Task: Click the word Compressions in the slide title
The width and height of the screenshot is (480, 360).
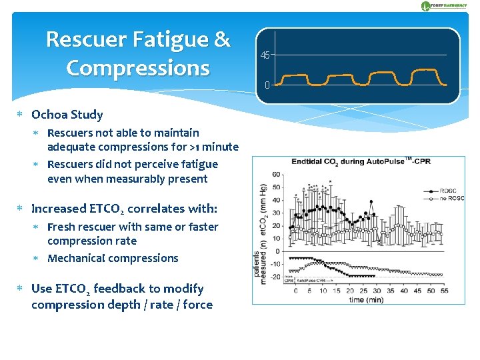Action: coord(138,68)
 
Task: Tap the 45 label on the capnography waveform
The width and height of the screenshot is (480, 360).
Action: coord(265,55)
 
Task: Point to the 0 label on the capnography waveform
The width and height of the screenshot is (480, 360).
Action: coord(267,85)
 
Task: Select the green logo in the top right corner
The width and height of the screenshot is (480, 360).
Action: coord(445,6)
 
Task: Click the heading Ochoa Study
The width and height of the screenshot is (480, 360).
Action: coord(67,115)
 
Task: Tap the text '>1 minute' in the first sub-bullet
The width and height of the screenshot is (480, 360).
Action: coord(214,147)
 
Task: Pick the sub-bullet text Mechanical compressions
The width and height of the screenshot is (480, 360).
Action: coord(113,258)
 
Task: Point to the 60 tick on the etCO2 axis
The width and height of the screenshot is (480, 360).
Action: coord(276,175)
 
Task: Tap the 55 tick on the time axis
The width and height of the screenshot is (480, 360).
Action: coord(444,291)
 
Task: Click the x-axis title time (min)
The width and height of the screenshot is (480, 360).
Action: coord(366,299)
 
